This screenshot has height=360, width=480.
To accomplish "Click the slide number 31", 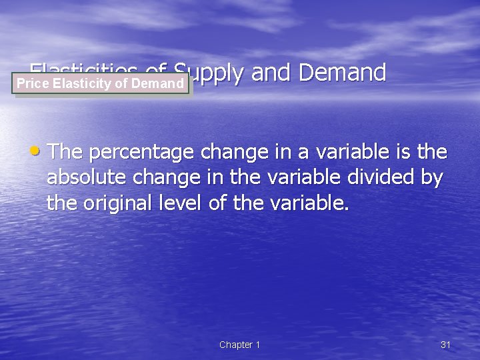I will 446,345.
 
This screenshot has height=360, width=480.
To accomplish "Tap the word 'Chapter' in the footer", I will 236,345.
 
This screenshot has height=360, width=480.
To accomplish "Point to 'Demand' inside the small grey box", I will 158,83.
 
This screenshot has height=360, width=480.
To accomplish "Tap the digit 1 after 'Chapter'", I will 258,345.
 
